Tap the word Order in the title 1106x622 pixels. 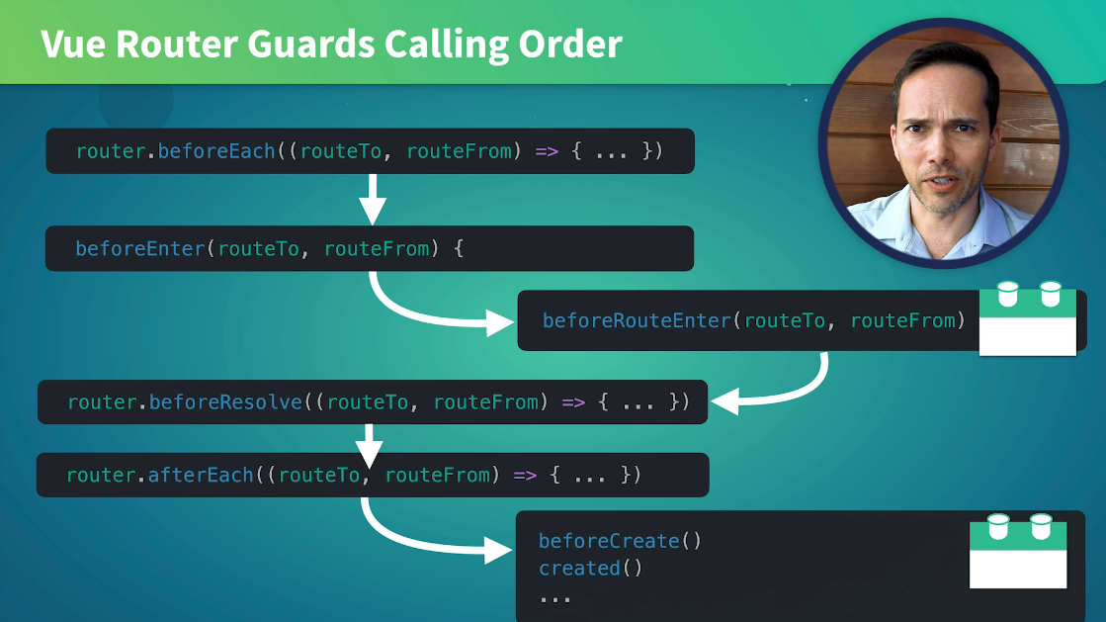[x=572, y=44]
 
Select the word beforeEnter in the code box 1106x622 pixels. [x=139, y=248]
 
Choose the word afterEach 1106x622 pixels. [x=201, y=475]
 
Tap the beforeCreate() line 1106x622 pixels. [x=620, y=541]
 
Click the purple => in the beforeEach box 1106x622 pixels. [x=548, y=151]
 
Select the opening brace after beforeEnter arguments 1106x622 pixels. [x=458, y=248]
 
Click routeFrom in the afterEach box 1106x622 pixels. [x=437, y=475]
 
